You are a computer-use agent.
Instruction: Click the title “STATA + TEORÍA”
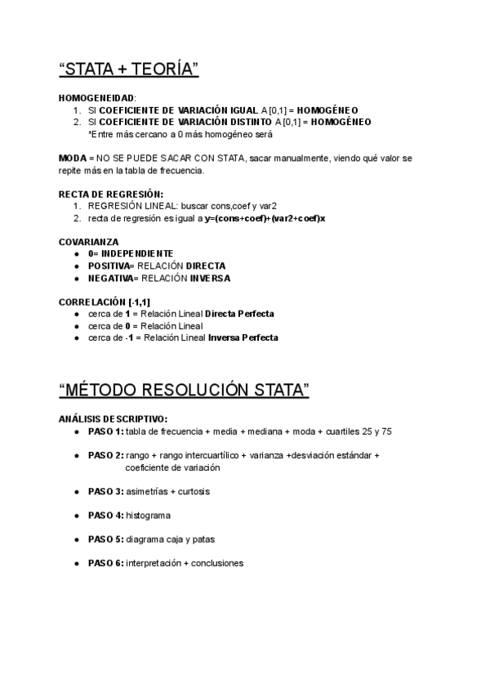(x=129, y=70)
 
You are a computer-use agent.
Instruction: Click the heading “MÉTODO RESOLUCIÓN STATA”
(x=185, y=390)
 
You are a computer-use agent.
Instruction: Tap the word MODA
(x=72, y=158)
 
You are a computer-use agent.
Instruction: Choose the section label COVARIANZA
(x=89, y=242)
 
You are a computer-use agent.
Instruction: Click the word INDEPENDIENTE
(x=137, y=254)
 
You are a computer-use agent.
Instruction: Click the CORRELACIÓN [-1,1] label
(x=104, y=302)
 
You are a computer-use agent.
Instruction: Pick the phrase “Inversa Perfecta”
(x=243, y=338)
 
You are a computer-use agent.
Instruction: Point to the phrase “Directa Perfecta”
(x=239, y=314)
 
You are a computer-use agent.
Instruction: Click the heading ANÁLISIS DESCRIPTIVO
(x=113, y=418)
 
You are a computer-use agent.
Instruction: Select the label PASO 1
(x=105, y=431)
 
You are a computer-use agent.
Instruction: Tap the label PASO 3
(x=105, y=491)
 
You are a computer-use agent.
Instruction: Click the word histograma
(x=148, y=515)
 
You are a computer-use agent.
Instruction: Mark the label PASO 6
(x=105, y=563)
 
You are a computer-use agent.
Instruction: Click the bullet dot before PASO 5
(x=76, y=539)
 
